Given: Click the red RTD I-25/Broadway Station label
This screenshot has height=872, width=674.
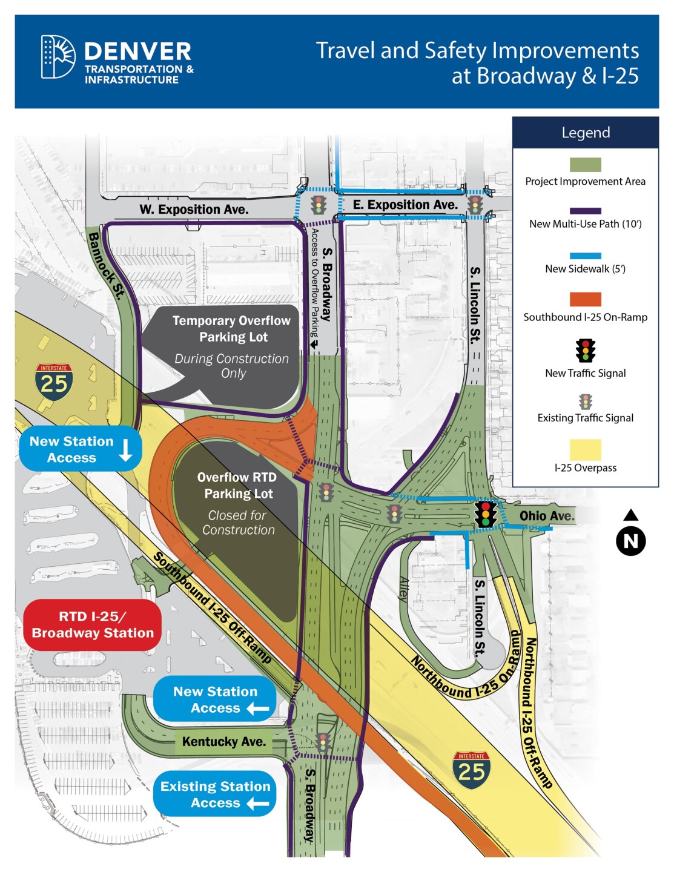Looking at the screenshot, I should point(93,625).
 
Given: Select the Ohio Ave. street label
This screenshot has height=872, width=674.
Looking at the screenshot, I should point(546,516).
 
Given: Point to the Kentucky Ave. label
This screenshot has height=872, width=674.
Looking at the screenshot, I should point(223,742).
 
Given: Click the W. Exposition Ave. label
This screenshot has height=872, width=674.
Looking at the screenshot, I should point(194,210).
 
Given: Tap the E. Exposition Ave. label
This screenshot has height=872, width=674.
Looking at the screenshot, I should point(405,205).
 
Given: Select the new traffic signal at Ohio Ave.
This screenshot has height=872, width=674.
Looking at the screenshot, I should point(485,514).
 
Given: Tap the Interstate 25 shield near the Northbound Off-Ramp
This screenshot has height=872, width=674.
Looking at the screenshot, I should point(471,770).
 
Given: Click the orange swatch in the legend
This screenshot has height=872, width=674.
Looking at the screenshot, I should point(585,299).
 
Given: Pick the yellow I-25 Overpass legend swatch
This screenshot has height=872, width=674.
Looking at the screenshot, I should point(585,450).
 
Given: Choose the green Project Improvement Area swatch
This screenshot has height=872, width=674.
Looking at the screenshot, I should point(585,165).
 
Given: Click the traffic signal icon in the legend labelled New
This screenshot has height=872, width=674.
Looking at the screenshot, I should point(585,351).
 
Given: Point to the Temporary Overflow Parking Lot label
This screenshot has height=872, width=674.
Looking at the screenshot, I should point(232,329).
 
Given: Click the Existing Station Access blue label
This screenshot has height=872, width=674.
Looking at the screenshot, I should point(215,794).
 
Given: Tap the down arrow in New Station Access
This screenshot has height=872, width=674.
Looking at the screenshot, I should point(126,449).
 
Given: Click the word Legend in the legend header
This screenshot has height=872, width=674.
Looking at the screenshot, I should point(586,133).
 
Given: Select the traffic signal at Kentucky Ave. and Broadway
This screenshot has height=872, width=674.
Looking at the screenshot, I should point(323,742).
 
